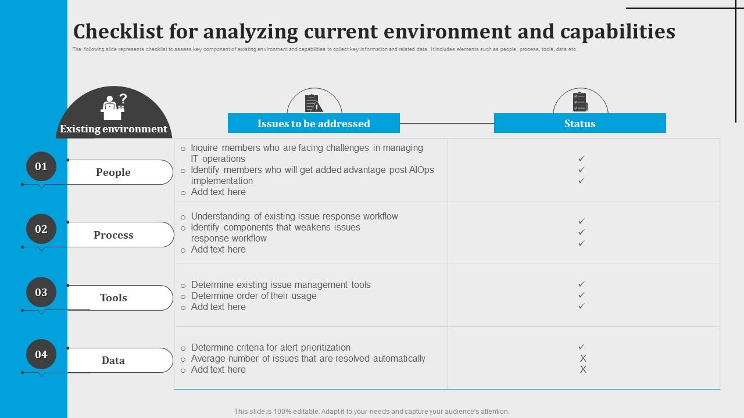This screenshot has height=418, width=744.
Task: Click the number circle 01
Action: (x=41, y=167)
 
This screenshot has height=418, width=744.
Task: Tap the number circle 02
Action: (x=41, y=229)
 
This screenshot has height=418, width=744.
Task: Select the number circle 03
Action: (x=41, y=292)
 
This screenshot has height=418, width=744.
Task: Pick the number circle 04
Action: (x=41, y=354)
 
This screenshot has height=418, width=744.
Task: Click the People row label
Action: (x=113, y=172)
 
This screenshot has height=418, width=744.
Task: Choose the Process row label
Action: (x=113, y=235)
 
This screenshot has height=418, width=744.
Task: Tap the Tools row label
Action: (x=113, y=298)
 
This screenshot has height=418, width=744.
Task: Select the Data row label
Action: (x=113, y=361)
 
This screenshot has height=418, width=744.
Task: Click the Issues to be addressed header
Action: (x=314, y=123)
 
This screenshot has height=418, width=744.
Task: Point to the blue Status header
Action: (x=580, y=123)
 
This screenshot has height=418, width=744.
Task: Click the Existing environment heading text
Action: (x=113, y=129)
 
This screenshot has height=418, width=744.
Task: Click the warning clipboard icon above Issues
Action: (x=314, y=103)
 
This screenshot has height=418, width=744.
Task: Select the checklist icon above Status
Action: (x=580, y=102)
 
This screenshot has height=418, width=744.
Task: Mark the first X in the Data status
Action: (x=583, y=358)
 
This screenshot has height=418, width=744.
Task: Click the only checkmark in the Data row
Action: (x=581, y=347)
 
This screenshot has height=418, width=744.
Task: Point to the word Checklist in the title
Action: (x=119, y=31)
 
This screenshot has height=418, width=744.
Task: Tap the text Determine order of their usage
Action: (x=254, y=296)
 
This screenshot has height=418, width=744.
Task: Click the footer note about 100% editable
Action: (x=371, y=411)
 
